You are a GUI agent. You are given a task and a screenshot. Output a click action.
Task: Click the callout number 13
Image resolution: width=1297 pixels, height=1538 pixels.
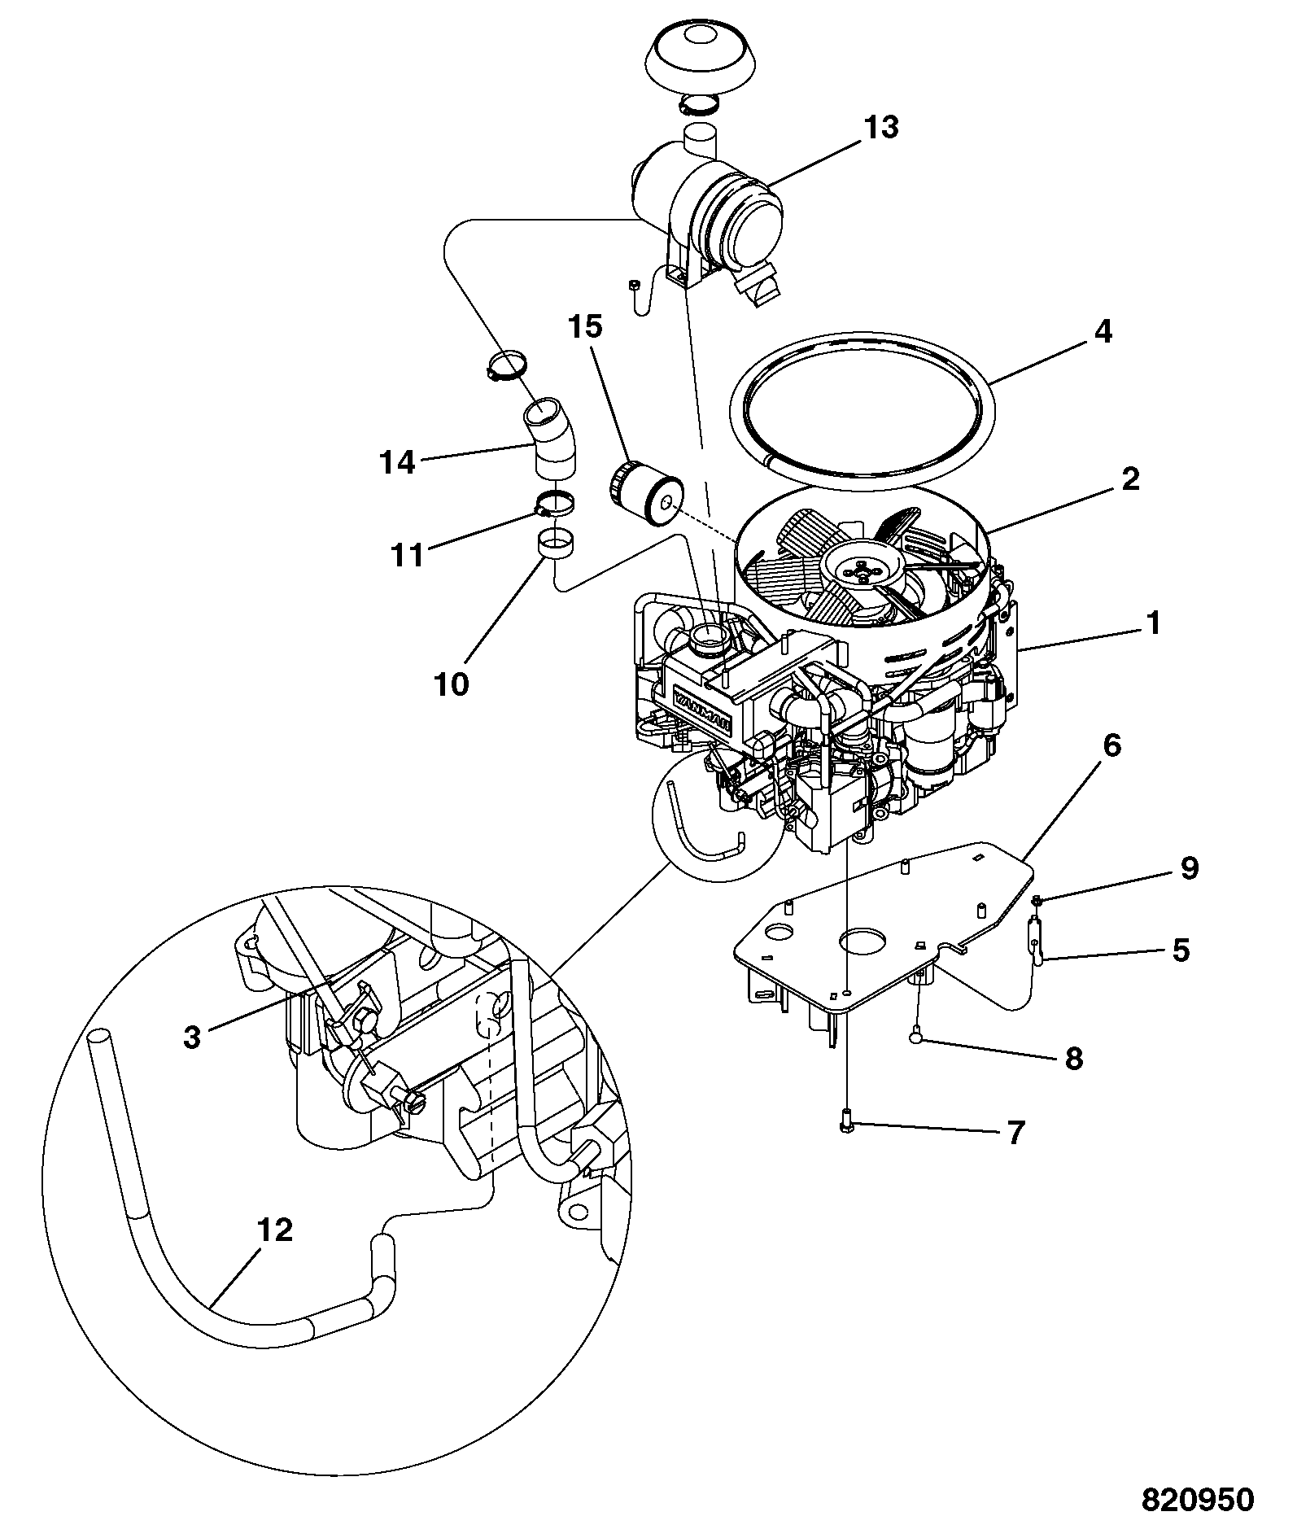882,127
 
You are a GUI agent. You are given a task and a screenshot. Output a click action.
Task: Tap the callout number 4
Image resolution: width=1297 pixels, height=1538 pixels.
1103,331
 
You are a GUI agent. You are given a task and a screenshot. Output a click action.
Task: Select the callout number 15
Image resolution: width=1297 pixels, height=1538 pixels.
585,327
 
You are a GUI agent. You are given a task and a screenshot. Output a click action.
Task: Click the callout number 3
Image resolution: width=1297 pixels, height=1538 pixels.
191,1038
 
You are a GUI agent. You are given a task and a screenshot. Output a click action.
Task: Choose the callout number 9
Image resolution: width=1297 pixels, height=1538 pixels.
1189,868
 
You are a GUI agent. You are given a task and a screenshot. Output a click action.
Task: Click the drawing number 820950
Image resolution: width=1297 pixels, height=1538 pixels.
1198,1499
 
